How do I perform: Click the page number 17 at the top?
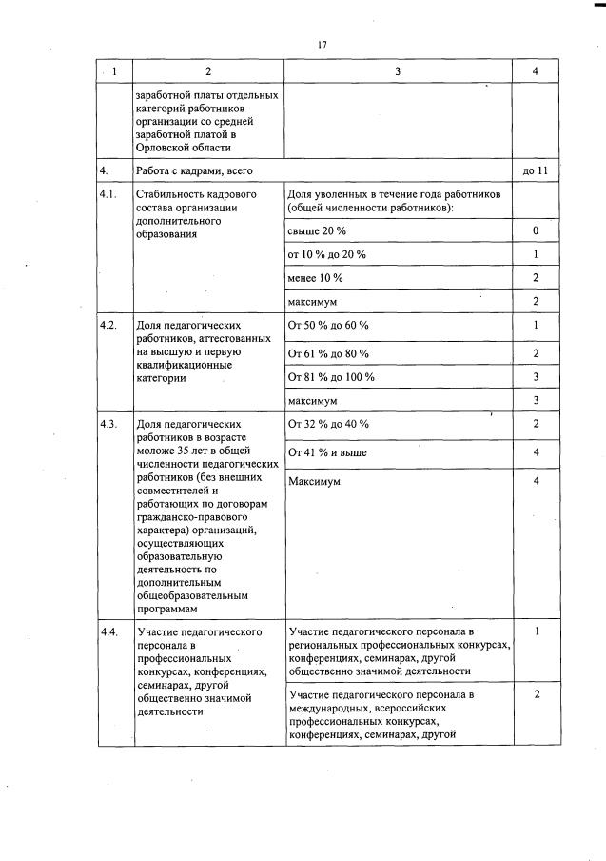(324, 44)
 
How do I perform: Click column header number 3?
(397, 71)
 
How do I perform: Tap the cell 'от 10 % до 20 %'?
(326, 254)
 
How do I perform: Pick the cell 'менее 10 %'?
(315, 278)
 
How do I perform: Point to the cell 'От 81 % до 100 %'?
(330, 377)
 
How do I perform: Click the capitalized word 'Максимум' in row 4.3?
(314, 481)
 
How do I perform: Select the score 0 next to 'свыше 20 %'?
(536, 231)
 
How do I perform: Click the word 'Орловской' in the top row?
(165, 148)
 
